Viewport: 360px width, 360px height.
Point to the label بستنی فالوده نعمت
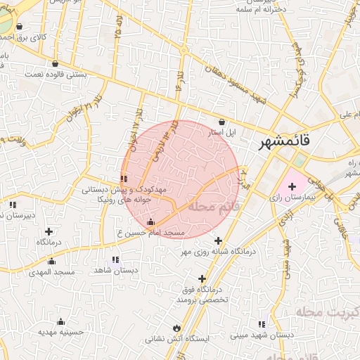point(56,73)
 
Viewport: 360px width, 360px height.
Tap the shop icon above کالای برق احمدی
point(28,26)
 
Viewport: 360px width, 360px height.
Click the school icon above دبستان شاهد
point(115,259)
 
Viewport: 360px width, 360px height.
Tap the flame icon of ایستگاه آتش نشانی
point(176,328)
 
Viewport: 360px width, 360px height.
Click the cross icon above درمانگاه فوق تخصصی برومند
point(202,278)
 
